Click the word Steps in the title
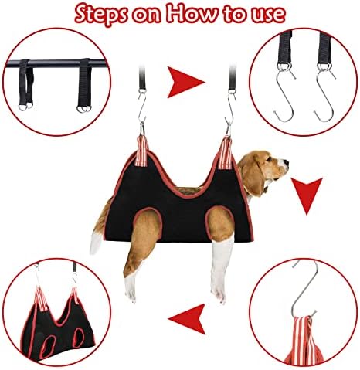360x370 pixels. point(101,14)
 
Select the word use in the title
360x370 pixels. point(267,15)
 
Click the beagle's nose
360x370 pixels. point(286,162)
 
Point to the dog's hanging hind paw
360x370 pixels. point(131,291)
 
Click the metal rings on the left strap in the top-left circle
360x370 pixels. point(25,107)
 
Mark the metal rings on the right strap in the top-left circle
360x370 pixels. point(83,108)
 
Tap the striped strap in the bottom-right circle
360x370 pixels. point(304,341)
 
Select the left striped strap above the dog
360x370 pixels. point(142,151)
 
